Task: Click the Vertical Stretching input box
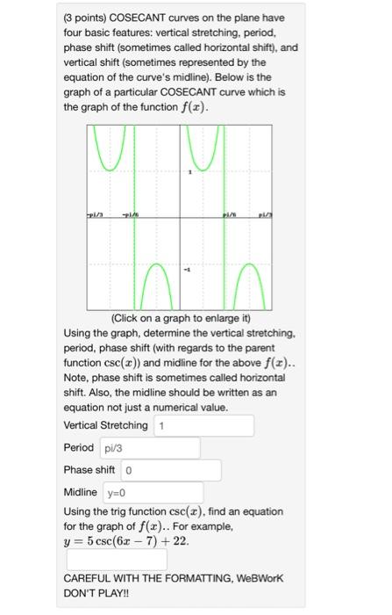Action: [203, 426]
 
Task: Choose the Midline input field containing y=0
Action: [153, 492]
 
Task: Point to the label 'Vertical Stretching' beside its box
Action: [106, 426]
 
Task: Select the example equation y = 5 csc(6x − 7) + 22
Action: [126, 540]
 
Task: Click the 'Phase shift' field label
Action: [89, 470]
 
